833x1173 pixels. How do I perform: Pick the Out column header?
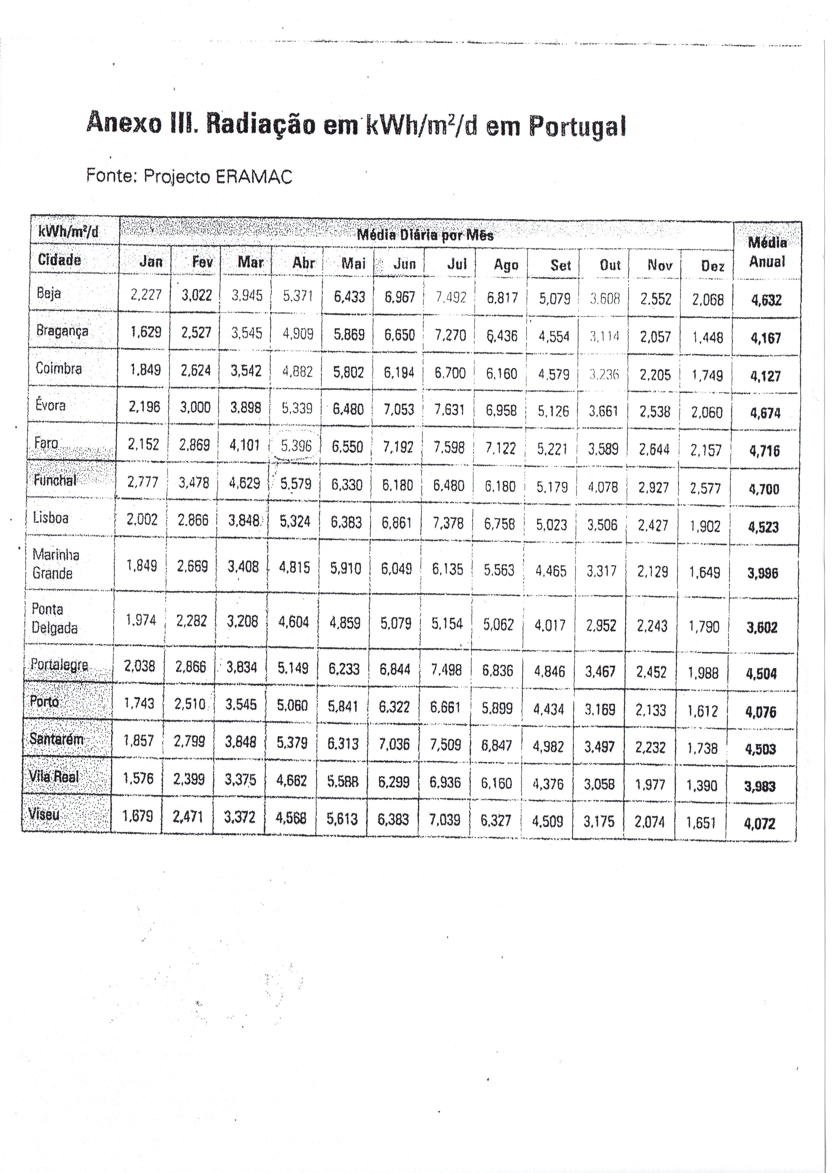pyautogui.click(x=610, y=265)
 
